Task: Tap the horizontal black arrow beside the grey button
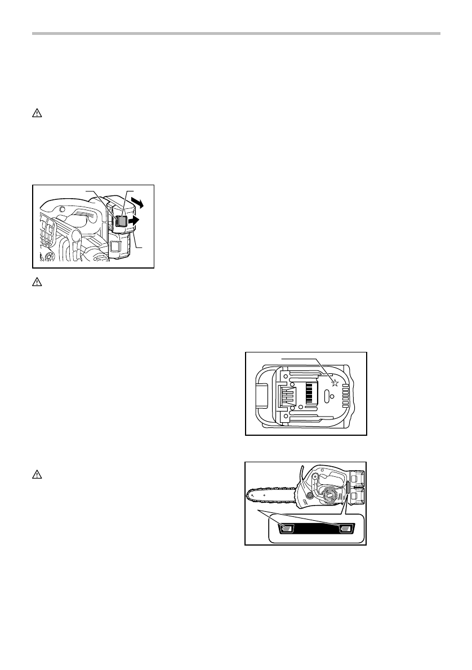tap(133, 222)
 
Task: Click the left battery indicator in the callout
tap(287, 528)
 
